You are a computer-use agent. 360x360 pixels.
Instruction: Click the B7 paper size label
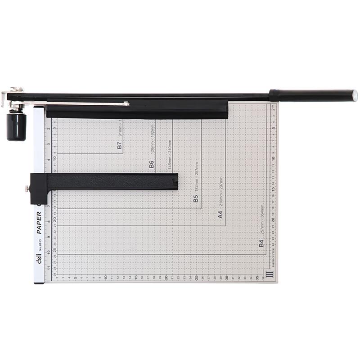pos(119,146)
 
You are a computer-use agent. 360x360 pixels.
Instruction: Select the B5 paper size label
pos(196,198)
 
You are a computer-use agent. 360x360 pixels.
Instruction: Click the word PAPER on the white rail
pos(39,223)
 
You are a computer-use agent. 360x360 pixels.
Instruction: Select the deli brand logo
pos(39,259)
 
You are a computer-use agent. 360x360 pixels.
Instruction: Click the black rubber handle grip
pos(310,95)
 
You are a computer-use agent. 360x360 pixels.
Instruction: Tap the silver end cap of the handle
pos(355,95)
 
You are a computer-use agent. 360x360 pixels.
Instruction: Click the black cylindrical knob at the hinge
pos(16,127)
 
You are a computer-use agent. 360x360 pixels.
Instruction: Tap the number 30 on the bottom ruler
pos(227,277)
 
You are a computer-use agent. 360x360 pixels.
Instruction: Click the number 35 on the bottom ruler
pos(257,278)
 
